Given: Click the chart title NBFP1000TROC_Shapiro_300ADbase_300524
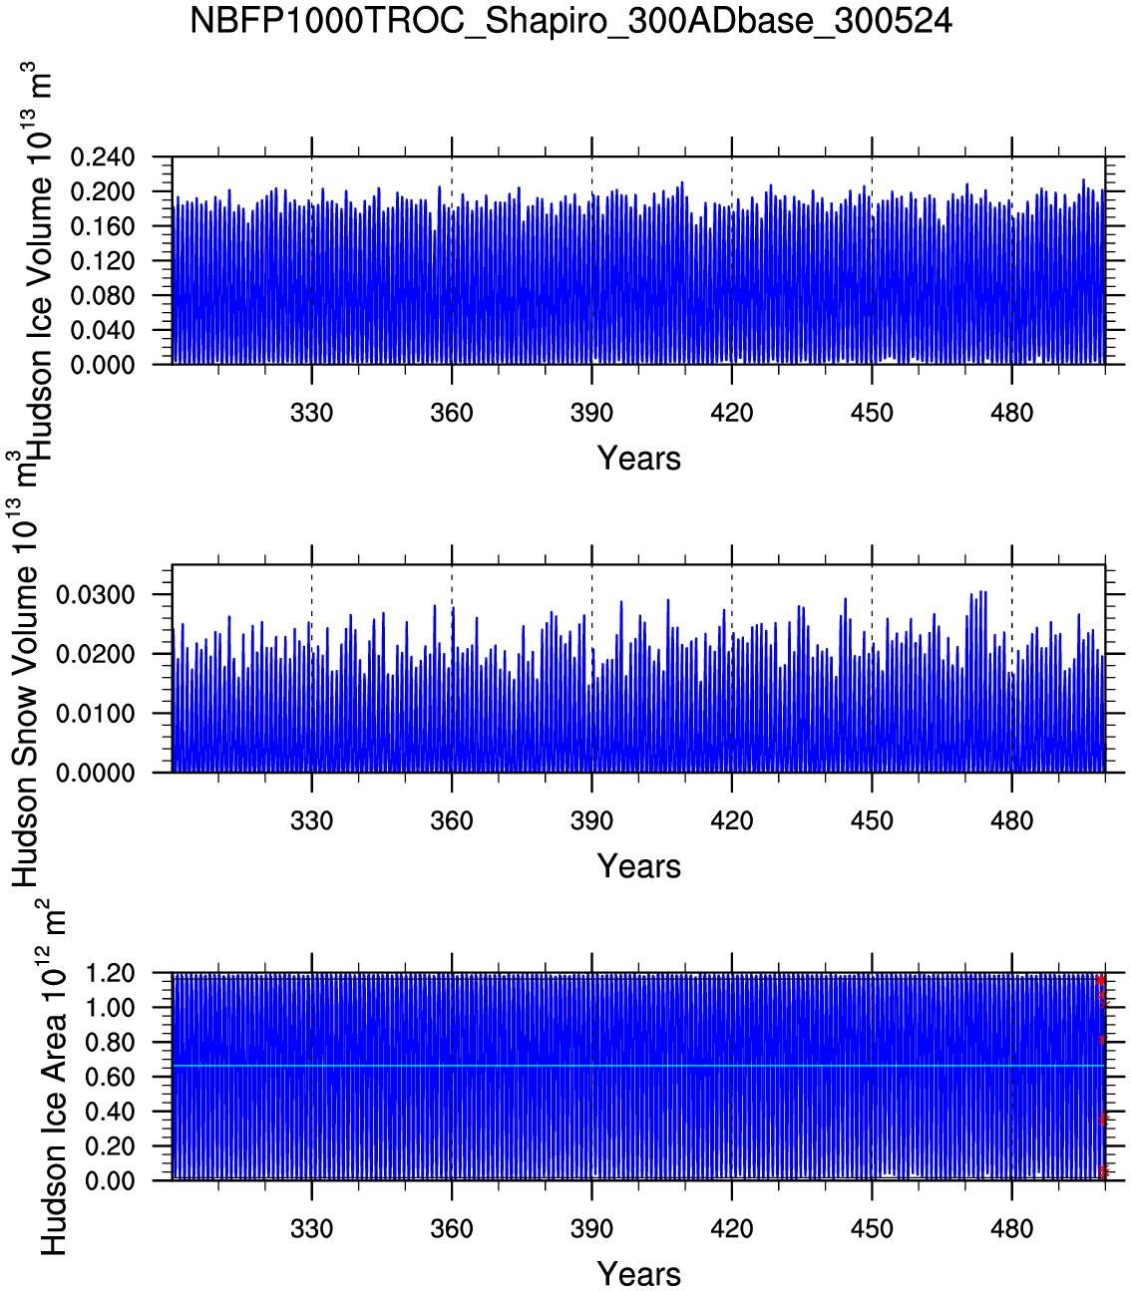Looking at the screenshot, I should tap(570, 21).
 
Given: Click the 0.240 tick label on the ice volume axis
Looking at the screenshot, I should tap(103, 158).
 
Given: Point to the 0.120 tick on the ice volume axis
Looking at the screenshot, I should tap(103, 261).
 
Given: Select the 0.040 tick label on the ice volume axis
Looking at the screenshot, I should tap(103, 330).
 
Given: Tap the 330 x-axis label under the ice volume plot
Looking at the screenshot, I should tap(312, 413).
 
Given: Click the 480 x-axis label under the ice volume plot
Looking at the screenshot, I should tap(1012, 413).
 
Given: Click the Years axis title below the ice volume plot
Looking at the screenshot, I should tap(639, 459).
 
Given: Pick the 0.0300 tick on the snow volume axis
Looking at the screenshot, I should tap(96, 595).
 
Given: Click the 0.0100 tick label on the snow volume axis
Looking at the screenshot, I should tap(96, 714).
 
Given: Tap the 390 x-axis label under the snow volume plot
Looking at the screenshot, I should tap(592, 820).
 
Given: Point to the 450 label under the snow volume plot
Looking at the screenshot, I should tap(873, 820).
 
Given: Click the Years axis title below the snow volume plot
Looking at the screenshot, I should tap(639, 866).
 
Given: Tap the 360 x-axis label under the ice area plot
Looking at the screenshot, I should tap(452, 1229).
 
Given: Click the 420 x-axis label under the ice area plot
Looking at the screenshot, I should tap(732, 1229).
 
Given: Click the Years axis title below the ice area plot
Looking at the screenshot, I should tap(639, 1274).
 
